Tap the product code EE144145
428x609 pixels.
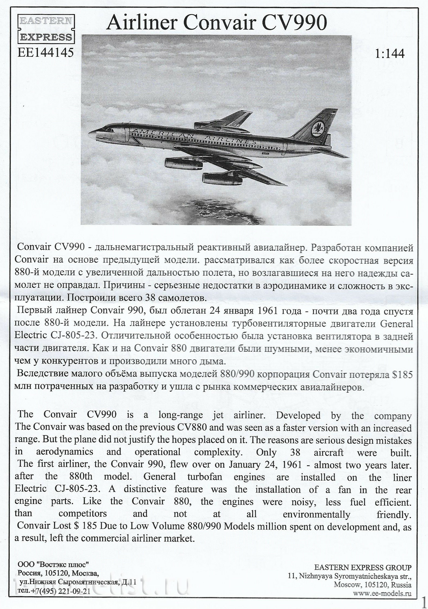[x=46, y=52]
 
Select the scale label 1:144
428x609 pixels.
[x=390, y=54]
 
